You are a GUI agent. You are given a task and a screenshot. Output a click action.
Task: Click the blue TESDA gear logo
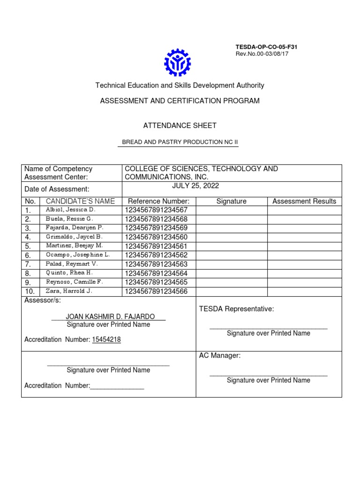tap(177, 62)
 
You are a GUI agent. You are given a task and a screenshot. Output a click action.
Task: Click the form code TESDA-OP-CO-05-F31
tap(266, 47)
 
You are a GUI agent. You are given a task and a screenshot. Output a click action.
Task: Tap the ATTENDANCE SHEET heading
tap(180, 126)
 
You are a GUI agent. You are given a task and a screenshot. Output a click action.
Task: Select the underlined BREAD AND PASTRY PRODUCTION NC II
tap(180, 142)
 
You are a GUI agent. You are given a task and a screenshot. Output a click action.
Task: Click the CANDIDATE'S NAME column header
tap(80, 201)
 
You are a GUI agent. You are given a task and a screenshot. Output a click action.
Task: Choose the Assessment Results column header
tap(304, 201)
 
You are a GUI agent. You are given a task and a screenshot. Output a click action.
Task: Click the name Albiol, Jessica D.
tap(70, 210)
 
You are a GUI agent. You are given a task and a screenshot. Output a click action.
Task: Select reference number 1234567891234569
tap(156, 228)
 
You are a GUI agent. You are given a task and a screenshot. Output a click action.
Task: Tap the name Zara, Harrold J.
tap(69, 291)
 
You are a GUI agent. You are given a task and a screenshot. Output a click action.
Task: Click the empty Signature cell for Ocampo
tap(231, 255)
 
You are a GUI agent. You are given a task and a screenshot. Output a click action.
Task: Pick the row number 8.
tap(28, 273)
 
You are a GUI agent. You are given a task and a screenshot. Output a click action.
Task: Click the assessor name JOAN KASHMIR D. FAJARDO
tap(108, 316)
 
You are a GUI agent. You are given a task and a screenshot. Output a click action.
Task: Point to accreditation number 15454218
tap(106, 340)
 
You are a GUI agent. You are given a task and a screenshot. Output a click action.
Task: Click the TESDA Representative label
tap(236, 309)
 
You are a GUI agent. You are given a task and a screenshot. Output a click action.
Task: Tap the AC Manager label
tap(220, 356)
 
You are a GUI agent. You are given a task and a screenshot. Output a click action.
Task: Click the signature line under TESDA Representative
tap(268, 329)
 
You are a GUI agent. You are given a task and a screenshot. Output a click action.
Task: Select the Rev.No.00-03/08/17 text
tap(262, 54)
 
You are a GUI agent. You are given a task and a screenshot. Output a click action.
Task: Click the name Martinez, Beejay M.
tap(75, 246)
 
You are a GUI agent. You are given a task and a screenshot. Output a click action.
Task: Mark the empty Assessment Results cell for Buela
tap(304, 219)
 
